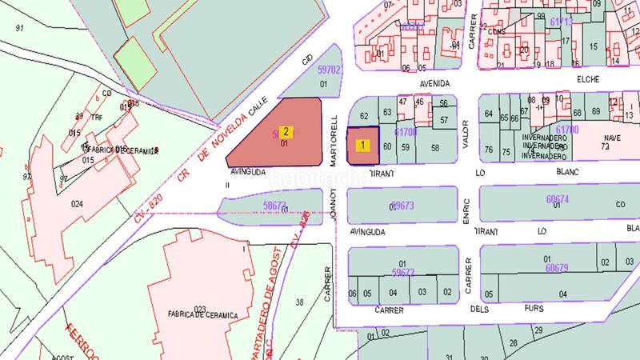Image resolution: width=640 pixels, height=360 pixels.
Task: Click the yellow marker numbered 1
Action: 364,146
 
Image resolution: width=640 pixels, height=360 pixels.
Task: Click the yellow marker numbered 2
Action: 286,130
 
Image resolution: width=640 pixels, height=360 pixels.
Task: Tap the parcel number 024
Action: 77,203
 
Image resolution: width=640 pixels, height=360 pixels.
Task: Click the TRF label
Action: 97,118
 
